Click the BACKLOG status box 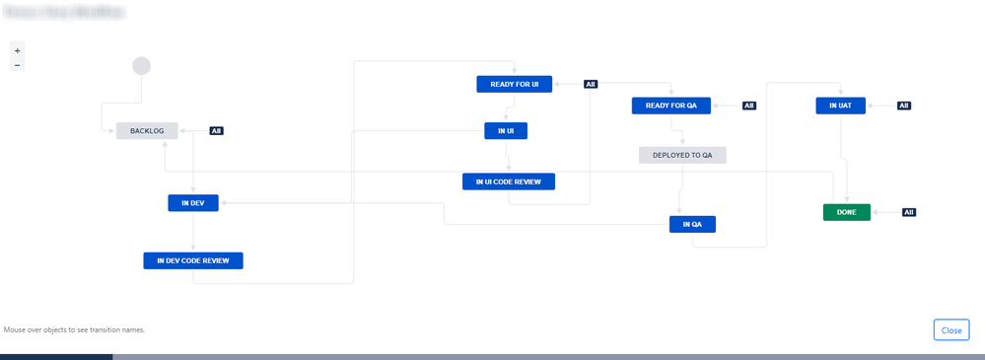(x=147, y=130)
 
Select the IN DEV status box (x=192, y=203)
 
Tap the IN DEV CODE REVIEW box (x=193, y=260)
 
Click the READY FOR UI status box (x=514, y=84)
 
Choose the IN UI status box (x=505, y=130)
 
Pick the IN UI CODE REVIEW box (x=508, y=181)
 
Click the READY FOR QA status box (x=670, y=106)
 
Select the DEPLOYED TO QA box (x=681, y=155)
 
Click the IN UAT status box (x=840, y=106)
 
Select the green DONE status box (x=846, y=212)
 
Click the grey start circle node (x=141, y=66)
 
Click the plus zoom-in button (x=17, y=50)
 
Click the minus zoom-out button (x=17, y=65)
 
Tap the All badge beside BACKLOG (x=216, y=130)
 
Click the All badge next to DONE (x=909, y=212)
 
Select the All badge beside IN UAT (x=903, y=106)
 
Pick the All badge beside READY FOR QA (x=748, y=106)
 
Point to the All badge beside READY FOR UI (x=591, y=84)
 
